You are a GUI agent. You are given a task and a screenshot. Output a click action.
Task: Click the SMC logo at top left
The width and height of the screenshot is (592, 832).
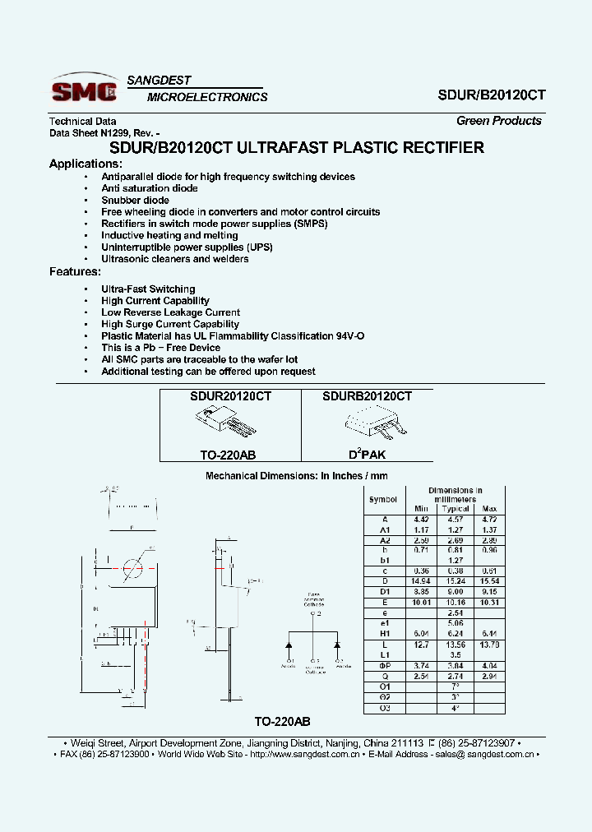(86, 90)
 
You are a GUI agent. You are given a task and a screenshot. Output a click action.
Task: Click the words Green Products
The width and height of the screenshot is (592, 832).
(499, 121)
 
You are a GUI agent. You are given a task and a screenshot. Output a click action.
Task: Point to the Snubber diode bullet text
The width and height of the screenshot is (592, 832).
(135, 200)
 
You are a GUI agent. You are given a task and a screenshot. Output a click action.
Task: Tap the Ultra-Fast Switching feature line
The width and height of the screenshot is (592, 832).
(148, 289)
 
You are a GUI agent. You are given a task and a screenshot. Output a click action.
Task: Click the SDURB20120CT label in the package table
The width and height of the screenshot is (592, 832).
(367, 396)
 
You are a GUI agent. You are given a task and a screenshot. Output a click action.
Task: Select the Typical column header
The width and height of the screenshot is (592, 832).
(456, 509)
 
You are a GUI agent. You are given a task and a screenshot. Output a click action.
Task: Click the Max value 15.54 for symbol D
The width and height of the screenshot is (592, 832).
(490, 581)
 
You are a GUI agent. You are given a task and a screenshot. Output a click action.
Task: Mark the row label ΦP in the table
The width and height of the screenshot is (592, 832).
(384, 665)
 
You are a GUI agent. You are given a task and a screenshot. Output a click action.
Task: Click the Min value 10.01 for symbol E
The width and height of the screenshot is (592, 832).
(422, 602)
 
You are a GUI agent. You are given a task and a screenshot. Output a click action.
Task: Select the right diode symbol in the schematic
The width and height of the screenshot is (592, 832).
(337, 642)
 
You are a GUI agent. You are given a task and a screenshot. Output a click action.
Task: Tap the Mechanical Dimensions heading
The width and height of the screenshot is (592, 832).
(296, 476)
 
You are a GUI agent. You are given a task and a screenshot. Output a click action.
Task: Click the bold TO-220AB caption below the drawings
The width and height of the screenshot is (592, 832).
(282, 721)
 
